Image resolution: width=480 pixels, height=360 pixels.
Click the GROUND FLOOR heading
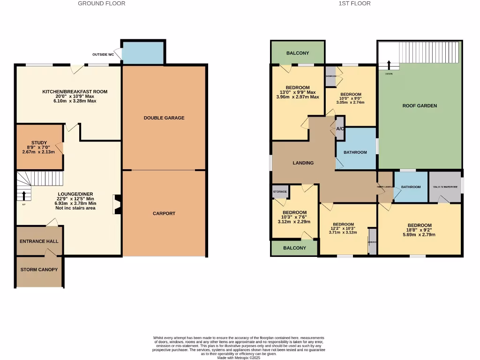101,3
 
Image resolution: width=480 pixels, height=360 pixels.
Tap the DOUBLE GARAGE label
164,118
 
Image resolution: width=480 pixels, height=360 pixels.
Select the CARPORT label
164,213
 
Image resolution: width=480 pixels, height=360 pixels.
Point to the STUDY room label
39,142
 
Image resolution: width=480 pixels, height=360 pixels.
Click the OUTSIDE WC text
103,54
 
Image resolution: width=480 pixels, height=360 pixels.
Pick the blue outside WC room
142,53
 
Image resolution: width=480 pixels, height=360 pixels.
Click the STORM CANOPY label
39,270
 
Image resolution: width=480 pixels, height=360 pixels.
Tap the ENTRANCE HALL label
39,241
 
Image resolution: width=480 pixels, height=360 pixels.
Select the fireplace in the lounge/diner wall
116,204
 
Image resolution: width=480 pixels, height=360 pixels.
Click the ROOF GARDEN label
420,105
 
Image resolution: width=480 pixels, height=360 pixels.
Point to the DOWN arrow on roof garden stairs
389,65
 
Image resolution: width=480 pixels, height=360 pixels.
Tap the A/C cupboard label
340,129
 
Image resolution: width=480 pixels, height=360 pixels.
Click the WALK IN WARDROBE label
445,187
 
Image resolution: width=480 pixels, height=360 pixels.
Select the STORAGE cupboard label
280,192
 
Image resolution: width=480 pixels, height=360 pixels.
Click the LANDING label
303,163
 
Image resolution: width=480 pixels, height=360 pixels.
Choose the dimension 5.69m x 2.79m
420,234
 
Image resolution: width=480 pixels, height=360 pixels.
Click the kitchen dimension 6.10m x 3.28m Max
75,101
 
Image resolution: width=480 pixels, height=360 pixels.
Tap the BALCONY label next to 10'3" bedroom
294,248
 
